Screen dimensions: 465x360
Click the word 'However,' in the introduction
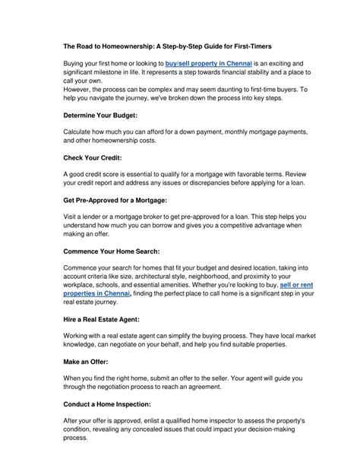point(80,90)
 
